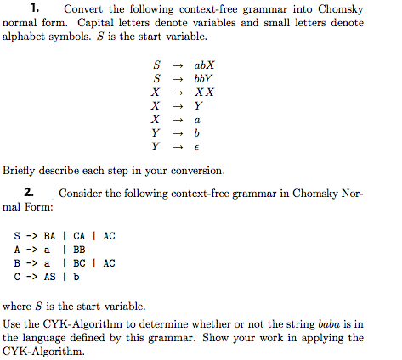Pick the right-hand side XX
click(204, 92)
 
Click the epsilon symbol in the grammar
click(197, 148)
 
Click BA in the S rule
click(48, 235)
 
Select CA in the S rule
click(79, 235)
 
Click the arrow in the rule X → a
click(178, 120)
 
